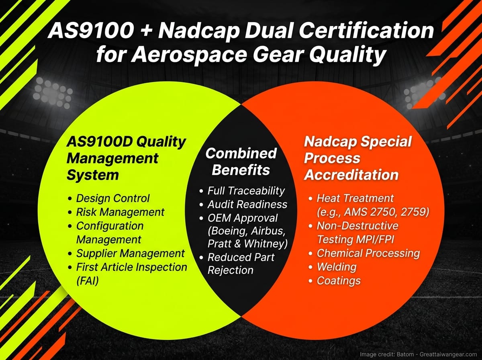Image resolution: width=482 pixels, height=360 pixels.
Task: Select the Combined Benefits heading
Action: pyautogui.click(x=241, y=161)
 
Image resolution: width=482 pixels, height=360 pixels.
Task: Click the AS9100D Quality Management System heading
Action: pyautogui.click(x=126, y=158)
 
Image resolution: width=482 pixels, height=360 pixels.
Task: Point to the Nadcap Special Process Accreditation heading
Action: pyautogui.click(x=357, y=158)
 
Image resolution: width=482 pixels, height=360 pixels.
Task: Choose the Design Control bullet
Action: pyautogui.click(x=112, y=198)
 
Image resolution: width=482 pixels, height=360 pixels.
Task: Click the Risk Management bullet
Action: pyautogui.click(x=120, y=212)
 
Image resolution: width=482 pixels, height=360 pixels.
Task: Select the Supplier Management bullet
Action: pyautogui.click(x=130, y=254)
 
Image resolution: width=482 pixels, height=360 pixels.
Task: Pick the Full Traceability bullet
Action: pyautogui.click(x=245, y=191)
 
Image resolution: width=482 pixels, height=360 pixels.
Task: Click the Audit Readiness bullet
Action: pyautogui.click(x=247, y=205)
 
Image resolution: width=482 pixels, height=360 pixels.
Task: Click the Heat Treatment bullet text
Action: pyautogui.click(x=355, y=198)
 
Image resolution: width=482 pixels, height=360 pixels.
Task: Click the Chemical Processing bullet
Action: pyautogui.click(x=368, y=253)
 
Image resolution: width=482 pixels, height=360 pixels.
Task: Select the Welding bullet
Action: pyautogui.click(x=337, y=267)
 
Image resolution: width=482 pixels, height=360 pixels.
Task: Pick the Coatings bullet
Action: pyautogui.click(x=339, y=280)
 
